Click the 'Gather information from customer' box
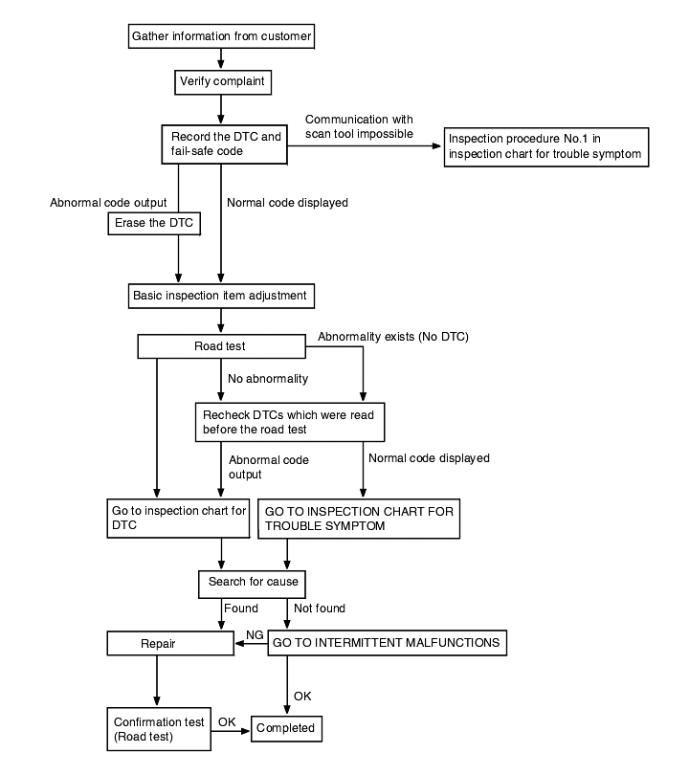pyautogui.click(x=221, y=36)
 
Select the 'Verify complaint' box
pyautogui.click(x=223, y=81)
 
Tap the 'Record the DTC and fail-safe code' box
pyautogui.click(x=224, y=144)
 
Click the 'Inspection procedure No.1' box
pyautogui.click(x=546, y=146)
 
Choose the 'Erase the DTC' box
pyautogui.click(x=154, y=223)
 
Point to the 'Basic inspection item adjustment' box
pyautogui.click(x=221, y=296)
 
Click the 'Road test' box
pyautogui.click(x=221, y=346)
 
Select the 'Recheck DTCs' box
pyautogui.click(x=290, y=422)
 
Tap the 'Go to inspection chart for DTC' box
pyautogui.click(x=178, y=518)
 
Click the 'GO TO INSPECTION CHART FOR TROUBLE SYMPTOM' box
pyautogui.click(x=359, y=519)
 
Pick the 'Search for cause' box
pyautogui.click(x=252, y=585)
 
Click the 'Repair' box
pyautogui.click(x=170, y=643)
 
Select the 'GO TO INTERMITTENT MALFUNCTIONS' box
pyautogui.click(x=387, y=643)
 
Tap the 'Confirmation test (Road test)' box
pyautogui.click(x=159, y=729)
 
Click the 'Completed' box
pyautogui.click(x=287, y=728)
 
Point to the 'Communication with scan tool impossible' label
pyautogui.click(x=359, y=126)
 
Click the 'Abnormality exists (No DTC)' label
pyautogui.click(x=393, y=337)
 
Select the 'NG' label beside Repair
pyautogui.click(x=256, y=634)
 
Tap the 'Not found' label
pyautogui.click(x=320, y=608)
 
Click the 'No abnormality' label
pyautogui.click(x=268, y=379)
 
